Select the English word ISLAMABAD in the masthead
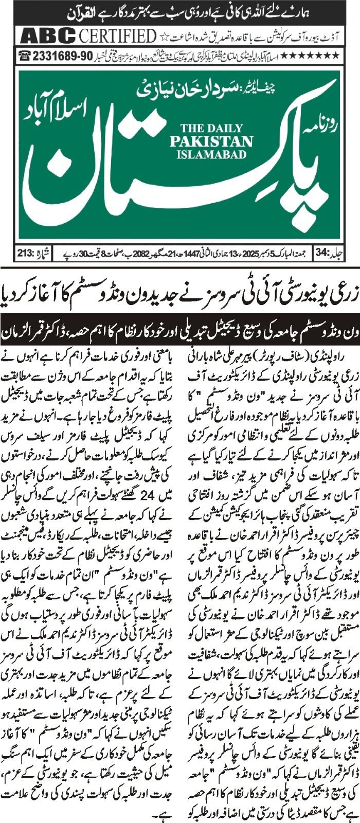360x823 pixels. (x=211, y=153)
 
